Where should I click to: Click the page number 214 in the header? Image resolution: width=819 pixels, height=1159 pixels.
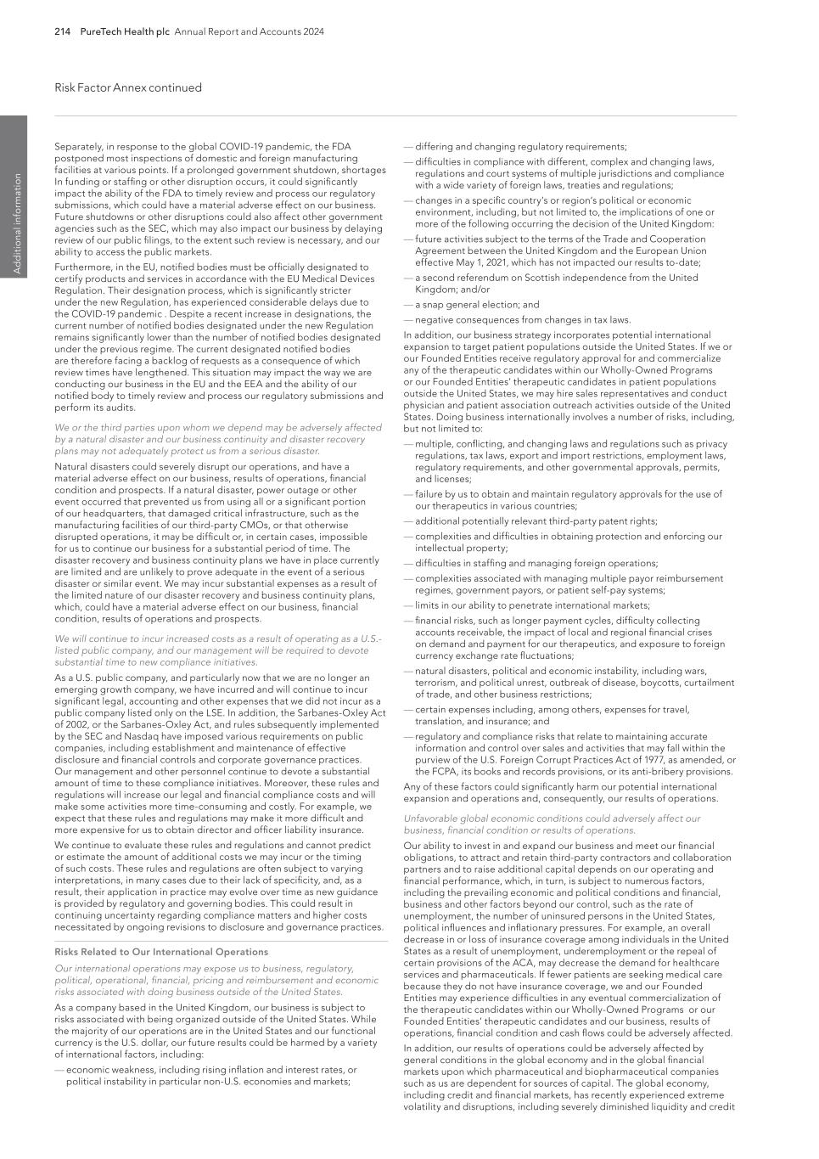[62, 32]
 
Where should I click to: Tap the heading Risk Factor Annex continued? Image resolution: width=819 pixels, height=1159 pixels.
[128, 87]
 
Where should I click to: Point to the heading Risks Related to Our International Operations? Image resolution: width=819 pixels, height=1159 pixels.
[161, 952]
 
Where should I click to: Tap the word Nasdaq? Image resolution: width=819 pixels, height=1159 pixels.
[132, 736]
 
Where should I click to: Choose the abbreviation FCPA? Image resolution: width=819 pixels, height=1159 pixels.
[440, 772]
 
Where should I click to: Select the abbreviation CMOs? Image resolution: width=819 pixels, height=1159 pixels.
[250, 525]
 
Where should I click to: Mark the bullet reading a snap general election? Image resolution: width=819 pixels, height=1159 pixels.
[477, 305]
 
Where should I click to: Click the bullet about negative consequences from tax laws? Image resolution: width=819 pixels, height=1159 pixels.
[523, 320]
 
